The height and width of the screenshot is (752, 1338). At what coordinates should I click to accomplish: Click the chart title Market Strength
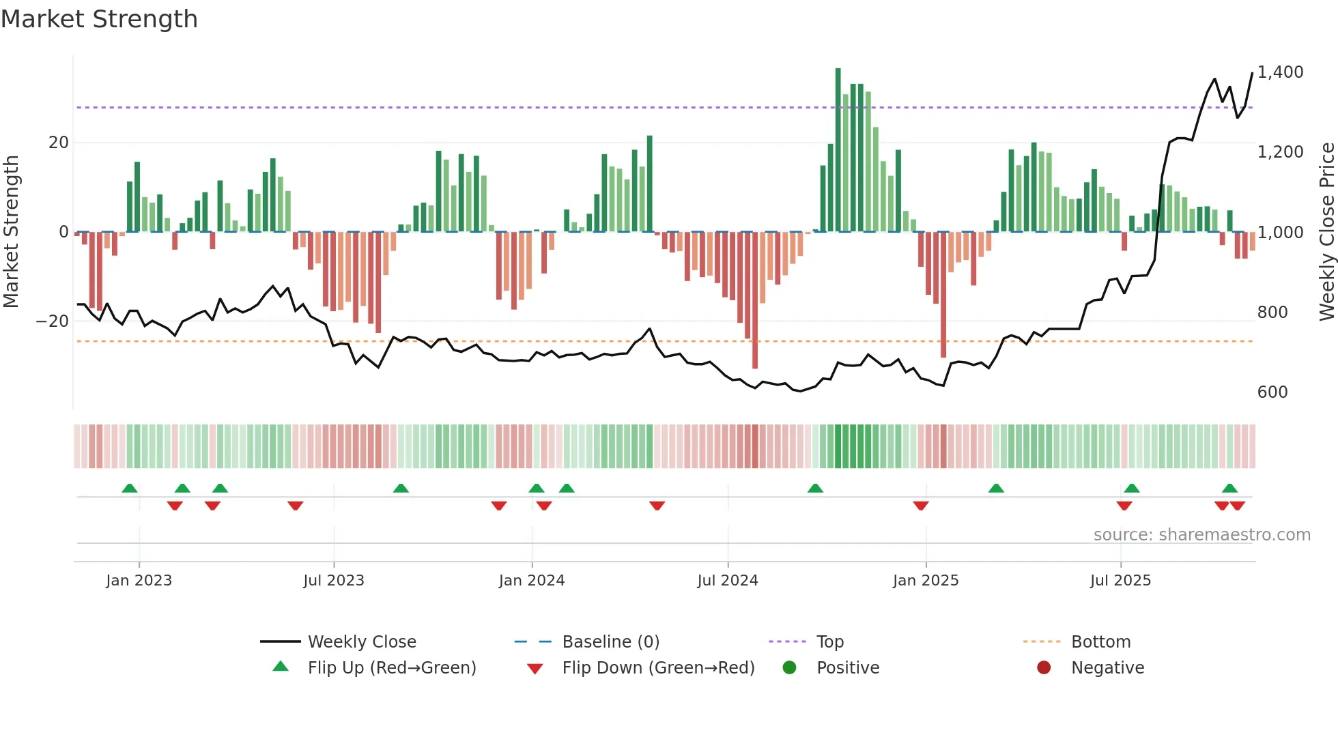pyautogui.click(x=99, y=19)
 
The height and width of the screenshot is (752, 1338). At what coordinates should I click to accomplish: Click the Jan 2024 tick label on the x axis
pyautogui.click(x=532, y=581)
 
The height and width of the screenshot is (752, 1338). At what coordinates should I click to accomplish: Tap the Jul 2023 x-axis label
pyautogui.click(x=334, y=581)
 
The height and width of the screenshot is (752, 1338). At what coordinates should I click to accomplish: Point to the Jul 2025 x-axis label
pyautogui.click(x=1120, y=581)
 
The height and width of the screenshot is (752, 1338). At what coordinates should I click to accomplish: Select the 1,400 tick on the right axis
pyautogui.click(x=1280, y=72)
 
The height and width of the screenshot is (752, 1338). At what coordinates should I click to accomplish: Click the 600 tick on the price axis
pyautogui.click(x=1272, y=392)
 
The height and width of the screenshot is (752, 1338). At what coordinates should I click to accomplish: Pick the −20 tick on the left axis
pyautogui.click(x=53, y=321)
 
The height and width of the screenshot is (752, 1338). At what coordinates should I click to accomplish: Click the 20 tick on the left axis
pyautogui.click(x=59, y=143)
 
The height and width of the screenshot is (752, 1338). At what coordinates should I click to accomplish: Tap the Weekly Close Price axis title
pyautogui.click(x=1326, y=232)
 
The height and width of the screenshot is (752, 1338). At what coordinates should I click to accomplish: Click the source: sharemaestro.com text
pyautogui.click(x=1201, y=535)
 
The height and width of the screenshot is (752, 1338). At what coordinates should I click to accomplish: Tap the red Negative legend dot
pyautogui.click(x=1044, y=667)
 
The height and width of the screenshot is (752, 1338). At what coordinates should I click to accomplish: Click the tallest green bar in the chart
pyautogui.click(x=838, y=150)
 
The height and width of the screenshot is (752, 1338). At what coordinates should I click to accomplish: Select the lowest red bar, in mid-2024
pyautogui.click(x=755, y=300)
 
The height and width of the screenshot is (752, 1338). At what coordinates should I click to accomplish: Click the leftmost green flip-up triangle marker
pyautogui.click(x=130, y=488)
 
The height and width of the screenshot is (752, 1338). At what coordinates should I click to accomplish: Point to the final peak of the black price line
pyautogui.click(x=1252, y=73)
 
